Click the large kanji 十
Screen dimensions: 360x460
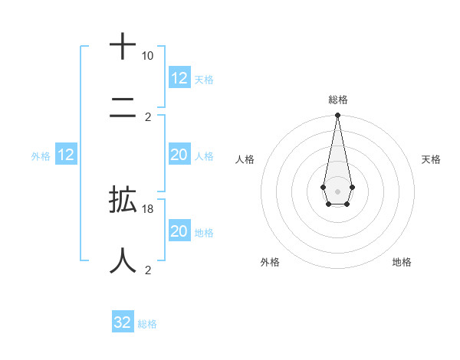click(123, 47)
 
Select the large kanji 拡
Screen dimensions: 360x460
click(123, 200)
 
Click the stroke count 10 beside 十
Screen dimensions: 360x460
click(147, 57)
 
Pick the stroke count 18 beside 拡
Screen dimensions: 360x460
click(148, 209)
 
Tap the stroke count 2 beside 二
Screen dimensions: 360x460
click(148, 117)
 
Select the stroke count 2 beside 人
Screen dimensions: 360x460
click(148, 270)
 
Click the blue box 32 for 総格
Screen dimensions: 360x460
click(123, 322)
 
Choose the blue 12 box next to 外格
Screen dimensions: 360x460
click(66, 155)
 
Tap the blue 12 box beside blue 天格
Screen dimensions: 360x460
click(179, 78)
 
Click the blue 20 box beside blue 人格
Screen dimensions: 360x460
click(179, 155)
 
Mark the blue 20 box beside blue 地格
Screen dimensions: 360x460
click(179, 231)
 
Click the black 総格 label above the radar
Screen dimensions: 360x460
click(338, 100)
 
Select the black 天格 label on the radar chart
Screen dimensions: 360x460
click(432, 159)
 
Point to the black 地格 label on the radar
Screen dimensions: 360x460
click(402, 262)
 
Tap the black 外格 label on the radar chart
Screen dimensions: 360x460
click(270, 262)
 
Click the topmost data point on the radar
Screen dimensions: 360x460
click(337, 116)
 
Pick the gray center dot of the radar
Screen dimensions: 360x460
click(337, 190)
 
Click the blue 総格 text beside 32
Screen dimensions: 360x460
click(147, 324)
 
